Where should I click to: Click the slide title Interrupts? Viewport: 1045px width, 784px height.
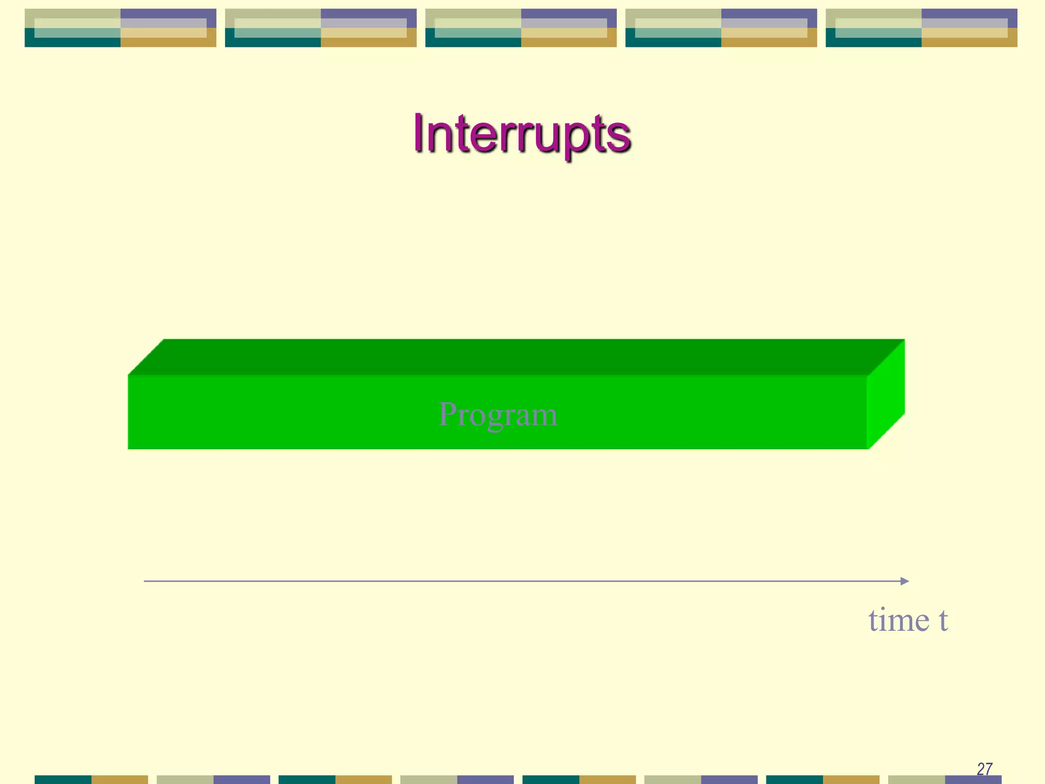(521, 134)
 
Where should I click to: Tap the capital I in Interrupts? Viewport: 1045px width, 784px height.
(419, 133)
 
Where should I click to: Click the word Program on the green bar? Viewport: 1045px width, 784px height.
(497, 414)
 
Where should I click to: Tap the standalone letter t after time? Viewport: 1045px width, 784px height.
(943, 620)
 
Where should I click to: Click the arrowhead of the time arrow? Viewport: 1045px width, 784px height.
(905, 581)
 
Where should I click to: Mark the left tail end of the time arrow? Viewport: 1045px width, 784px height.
(145, 581)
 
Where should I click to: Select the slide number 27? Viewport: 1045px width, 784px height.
(984, 769)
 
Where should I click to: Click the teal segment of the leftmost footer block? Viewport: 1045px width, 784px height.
(63, 779)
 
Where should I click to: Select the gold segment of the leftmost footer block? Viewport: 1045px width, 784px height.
(119, 779)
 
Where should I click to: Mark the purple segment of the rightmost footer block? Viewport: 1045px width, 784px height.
(973, 780)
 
